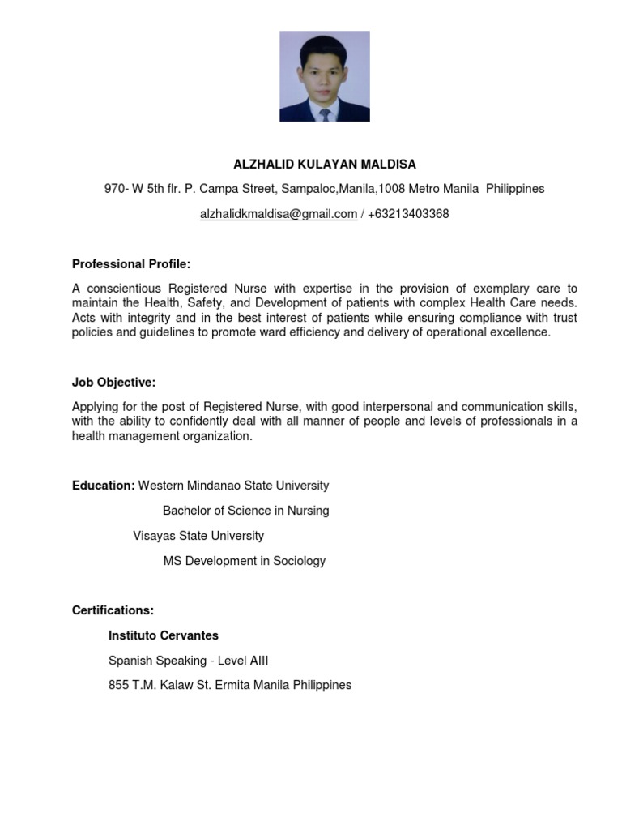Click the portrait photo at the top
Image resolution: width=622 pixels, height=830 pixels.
point(324,76)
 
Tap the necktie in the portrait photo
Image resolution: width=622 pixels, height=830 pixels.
point(325,114)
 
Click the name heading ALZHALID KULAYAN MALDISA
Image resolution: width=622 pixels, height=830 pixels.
point(325,165)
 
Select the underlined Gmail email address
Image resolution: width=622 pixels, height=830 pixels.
point(279,214)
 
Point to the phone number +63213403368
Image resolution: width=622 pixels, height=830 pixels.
point(408,214)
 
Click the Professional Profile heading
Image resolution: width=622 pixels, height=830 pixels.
point(131,264)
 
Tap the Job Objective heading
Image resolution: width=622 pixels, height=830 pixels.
point(113,383)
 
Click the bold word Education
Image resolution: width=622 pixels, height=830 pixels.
point(103,486)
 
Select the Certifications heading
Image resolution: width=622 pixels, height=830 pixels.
point(113,610)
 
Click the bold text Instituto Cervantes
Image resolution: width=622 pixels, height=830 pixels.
point(164,635)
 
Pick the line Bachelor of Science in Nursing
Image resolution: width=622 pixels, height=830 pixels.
point(245,511)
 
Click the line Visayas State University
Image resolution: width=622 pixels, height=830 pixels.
point(198,536)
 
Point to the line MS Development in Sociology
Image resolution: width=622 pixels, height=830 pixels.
point(244,561)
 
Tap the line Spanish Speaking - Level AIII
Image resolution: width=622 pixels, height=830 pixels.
point(188,661)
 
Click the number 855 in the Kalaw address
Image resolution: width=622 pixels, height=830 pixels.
point(118,685)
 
